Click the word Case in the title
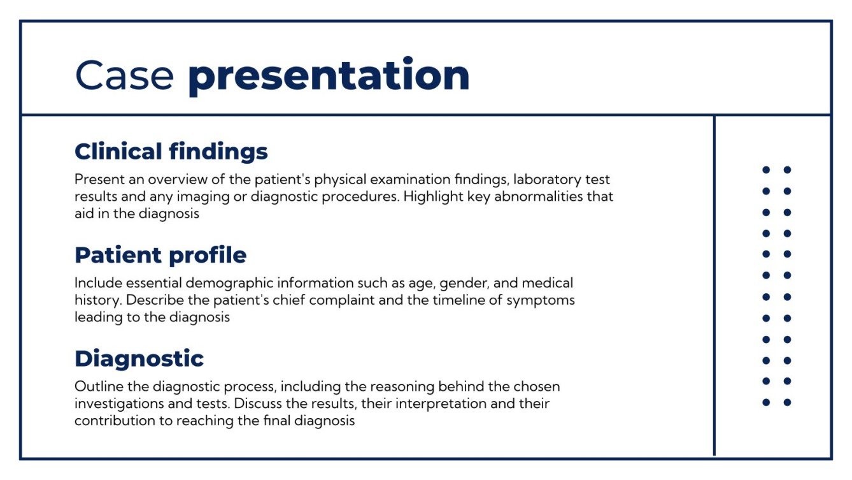[124, 75]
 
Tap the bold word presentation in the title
[329, 76]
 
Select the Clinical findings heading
[171, 152]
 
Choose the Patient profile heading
[160, 255]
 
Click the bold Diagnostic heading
[139, 358]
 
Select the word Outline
[96, 386]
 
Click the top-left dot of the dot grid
[766, 170]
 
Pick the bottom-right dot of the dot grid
[787, 402]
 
